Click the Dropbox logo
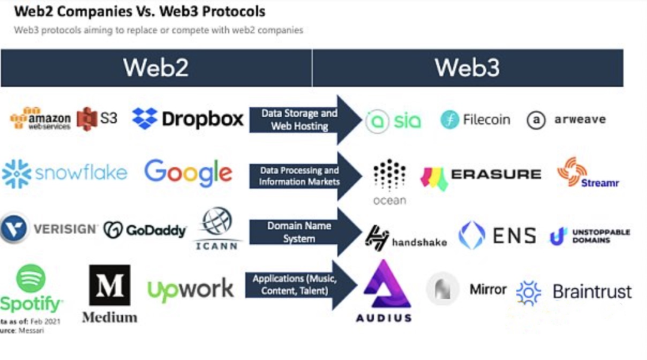(x=188, y=118)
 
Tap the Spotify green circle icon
(x=31, y=279)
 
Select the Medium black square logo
(x=110, y=285)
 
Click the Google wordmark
(x=188, y=173)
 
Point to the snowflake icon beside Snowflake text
(x=16, y=174)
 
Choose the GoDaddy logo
(x=144, y=230)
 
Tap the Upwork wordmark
(x=191, y=290)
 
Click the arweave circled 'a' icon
(x=536, y=120)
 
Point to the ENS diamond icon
(x=471, y=235)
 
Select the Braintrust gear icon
(x=528, y=292)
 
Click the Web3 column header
(x=467, y=68)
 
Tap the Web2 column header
(x=156, y=68)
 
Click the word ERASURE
(x=496, y=174)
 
